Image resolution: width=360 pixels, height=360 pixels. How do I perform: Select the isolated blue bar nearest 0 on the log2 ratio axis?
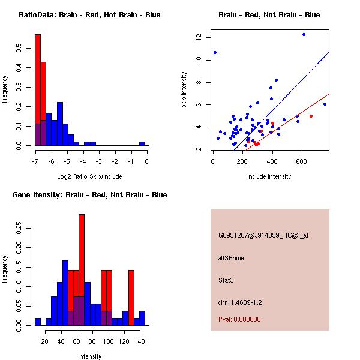pos(142,144)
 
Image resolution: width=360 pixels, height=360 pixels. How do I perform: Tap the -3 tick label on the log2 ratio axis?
pos(99,160)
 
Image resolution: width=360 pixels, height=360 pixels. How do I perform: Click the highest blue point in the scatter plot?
pos(304,34)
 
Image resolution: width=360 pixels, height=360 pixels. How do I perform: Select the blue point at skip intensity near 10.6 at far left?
pos(215,52)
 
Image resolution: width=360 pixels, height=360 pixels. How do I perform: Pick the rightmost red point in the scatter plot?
pos(311,116)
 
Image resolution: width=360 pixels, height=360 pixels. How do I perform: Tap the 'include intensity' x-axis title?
pos(269,176)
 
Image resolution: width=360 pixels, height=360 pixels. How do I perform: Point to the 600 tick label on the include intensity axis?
pos(302,160)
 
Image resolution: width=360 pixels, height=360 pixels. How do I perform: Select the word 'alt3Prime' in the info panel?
pos(231,258)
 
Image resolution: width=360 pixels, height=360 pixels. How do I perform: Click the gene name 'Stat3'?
pos(226,280)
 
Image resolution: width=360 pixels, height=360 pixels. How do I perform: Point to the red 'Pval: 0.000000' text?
pos(239,319)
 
